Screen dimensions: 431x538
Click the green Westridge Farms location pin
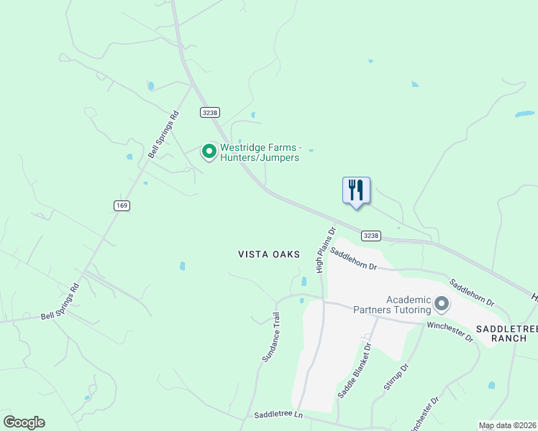[x=209, y=151]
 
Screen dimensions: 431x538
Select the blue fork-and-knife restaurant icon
[x=356, y=190]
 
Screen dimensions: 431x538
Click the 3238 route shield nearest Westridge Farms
[x=210, y=113]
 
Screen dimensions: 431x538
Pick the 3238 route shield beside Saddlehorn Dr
[x=370, y=236]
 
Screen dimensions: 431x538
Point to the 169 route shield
[x=122, y=205]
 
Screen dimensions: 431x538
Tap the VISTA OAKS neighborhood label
[x=269, y=254]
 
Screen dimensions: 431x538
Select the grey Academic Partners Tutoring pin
[x=442, y=305]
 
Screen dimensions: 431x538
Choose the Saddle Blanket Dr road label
[x=353, y=371]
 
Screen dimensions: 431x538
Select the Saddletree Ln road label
[x=278, y=416]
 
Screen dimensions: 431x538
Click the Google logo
[x=24, y=422]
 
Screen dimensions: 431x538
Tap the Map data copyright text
[x=507, y=426]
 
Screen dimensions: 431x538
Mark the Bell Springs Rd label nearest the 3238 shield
[x=163, y=134]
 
